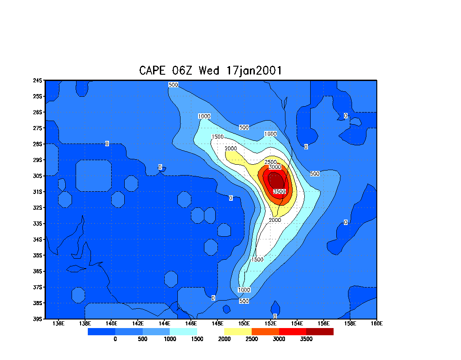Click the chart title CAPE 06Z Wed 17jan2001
point(211,71)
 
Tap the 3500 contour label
point(279,192)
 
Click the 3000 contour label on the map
point(275,167)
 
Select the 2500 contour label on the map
point(271,162)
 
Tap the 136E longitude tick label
point(59,323)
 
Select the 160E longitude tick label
point(376,323)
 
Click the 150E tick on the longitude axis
point(244,323)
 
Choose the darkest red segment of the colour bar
point(320,332)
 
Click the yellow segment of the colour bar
point(238,332)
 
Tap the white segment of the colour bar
point(211,332)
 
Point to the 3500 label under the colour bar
point(306,339)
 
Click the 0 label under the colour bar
point(115,339)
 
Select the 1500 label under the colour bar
point(197,339)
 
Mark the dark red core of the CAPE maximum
point(276,181)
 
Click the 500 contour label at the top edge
point(173,85)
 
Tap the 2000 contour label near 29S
point(230,148)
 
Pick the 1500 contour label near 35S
point(258,260)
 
